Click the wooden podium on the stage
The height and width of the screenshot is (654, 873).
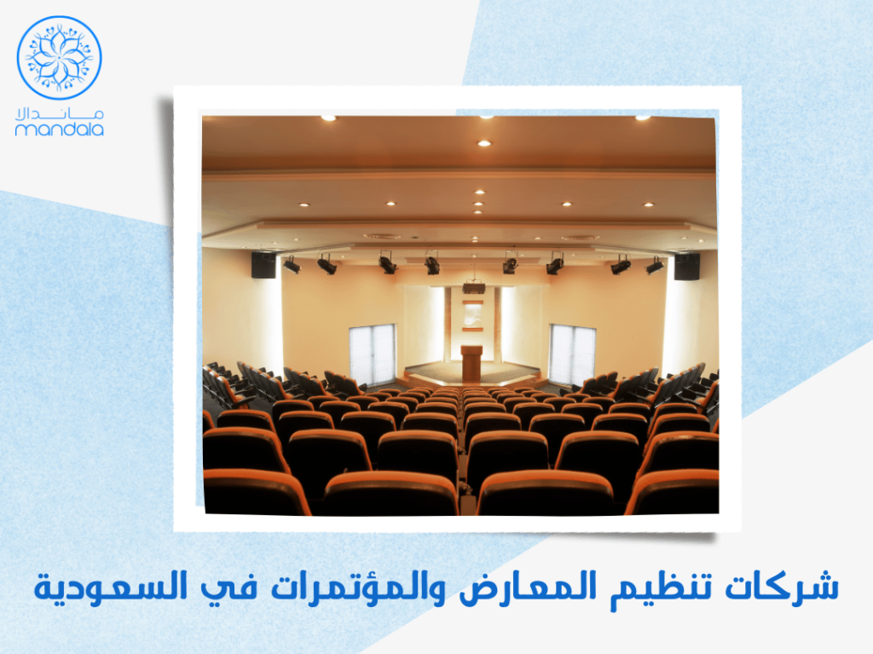[x=471, y=363]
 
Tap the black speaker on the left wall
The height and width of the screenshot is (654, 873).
[x=263, y=265]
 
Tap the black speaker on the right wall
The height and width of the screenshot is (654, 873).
[x=686, y=267]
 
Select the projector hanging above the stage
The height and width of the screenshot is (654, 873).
[x=474, y=288]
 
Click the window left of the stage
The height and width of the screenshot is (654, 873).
[x=373, y=354]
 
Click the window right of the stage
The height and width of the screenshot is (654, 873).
[x=571, y=354]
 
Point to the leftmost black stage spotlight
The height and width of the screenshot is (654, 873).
[x=292, y=265]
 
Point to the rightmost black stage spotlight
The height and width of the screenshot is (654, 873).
[x=654, y=266]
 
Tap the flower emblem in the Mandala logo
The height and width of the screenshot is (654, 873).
[x=60, y=57]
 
